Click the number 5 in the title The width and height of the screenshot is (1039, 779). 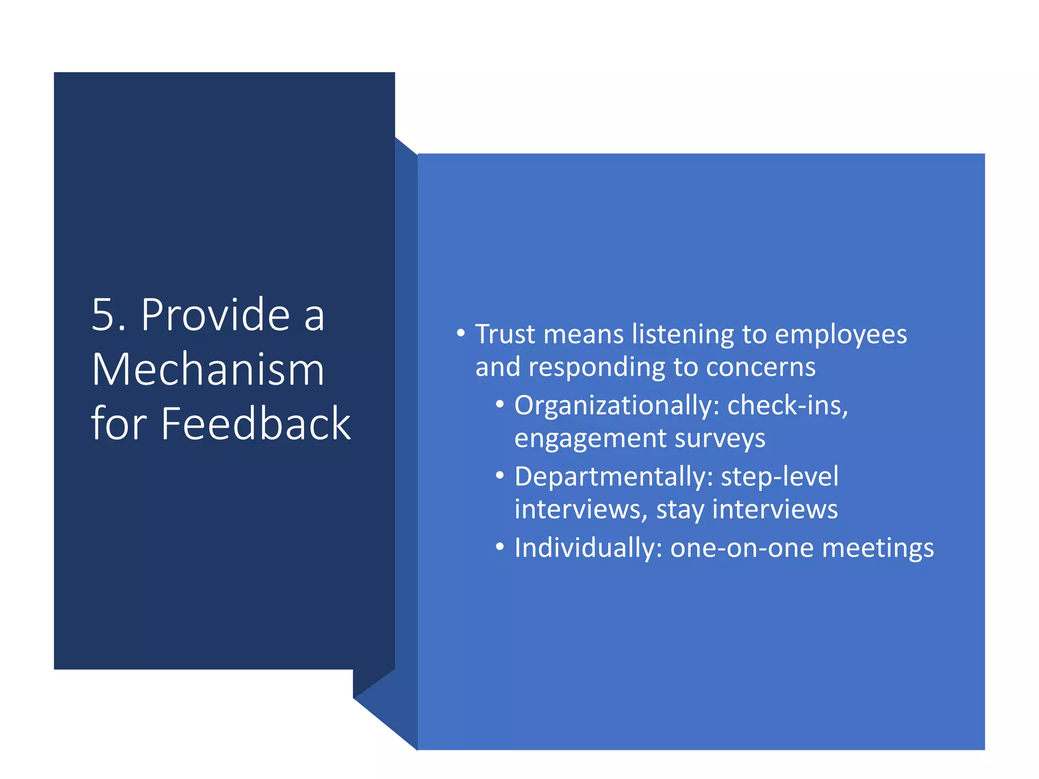(x=103, y=315)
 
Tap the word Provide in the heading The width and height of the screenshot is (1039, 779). (x=215, y=315)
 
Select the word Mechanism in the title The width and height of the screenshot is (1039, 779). (x=208, y=370)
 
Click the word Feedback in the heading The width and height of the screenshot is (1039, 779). (x=256, y=424)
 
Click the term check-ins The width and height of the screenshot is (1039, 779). (x=787, y=406)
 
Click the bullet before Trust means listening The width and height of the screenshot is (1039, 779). (x=461, y=334)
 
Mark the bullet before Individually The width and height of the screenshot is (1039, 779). (x=500, y=547)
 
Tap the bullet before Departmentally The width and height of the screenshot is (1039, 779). (x=500, y=476)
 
